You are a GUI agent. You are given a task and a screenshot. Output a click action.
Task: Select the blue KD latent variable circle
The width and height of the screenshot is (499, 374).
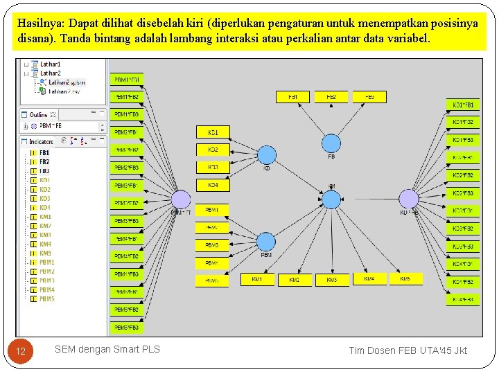266,155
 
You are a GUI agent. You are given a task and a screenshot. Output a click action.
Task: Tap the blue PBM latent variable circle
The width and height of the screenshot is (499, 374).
266,242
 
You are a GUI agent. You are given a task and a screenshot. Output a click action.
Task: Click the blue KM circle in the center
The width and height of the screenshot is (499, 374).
332,199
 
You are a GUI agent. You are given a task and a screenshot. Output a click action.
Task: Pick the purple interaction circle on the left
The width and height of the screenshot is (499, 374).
180,199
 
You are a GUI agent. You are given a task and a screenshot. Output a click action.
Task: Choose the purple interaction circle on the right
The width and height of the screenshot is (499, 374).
409,199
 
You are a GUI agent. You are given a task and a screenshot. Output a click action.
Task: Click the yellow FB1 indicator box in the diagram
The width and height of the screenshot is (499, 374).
293,97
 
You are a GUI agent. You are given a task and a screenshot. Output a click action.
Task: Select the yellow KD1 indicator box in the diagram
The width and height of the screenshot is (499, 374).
213,132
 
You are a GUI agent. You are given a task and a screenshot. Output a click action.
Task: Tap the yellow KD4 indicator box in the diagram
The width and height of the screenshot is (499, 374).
213,185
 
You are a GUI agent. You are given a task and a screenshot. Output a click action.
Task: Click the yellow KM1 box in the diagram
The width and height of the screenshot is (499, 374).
257,279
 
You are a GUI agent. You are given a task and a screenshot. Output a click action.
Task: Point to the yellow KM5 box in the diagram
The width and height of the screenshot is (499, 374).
405,278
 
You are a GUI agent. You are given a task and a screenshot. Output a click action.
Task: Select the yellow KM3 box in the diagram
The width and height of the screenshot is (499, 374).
332,279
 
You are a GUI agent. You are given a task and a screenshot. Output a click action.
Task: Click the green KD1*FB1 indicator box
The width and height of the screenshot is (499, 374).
462,105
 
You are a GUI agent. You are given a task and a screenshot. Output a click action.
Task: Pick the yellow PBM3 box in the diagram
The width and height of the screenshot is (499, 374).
212,245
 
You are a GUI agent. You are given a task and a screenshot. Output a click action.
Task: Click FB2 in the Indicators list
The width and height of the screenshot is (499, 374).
44,162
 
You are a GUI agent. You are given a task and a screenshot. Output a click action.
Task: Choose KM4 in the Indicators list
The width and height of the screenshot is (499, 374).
45,244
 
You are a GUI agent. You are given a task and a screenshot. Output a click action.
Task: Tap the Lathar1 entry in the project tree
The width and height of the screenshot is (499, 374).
50,64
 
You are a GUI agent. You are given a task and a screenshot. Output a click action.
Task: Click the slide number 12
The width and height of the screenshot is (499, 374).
21,351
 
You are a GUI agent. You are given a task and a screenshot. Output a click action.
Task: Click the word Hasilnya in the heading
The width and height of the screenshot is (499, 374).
39,23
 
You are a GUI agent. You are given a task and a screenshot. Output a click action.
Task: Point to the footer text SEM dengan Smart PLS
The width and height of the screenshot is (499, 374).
107,349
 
